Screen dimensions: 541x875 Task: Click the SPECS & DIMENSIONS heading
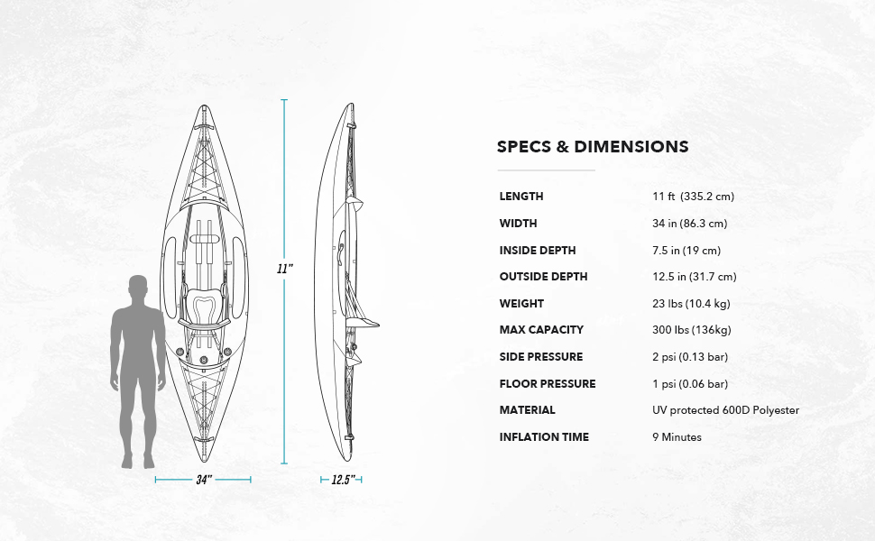point(593,147)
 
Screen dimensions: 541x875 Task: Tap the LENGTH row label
point(521,197)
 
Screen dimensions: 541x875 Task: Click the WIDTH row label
point(518,224)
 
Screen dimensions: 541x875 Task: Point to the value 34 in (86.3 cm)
point(689,224)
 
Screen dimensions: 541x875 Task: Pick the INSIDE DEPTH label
point(537,251)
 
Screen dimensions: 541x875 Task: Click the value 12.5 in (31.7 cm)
point(694,277)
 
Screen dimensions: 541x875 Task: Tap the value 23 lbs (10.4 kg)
point(691,304)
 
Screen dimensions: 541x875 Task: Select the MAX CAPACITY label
point(541,330)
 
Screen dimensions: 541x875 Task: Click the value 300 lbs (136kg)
point(690,330)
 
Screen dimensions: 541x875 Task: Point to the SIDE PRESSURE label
point(541,357)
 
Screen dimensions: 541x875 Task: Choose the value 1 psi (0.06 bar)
point(690,384)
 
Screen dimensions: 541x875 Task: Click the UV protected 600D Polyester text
point(725,410)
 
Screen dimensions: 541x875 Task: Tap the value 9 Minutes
point(677,437)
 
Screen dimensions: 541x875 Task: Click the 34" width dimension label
point(204,480)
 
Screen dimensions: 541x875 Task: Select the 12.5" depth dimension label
point(341,480)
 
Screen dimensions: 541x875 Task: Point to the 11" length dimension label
point(284,269)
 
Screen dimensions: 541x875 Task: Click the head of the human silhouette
point(138,289)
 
